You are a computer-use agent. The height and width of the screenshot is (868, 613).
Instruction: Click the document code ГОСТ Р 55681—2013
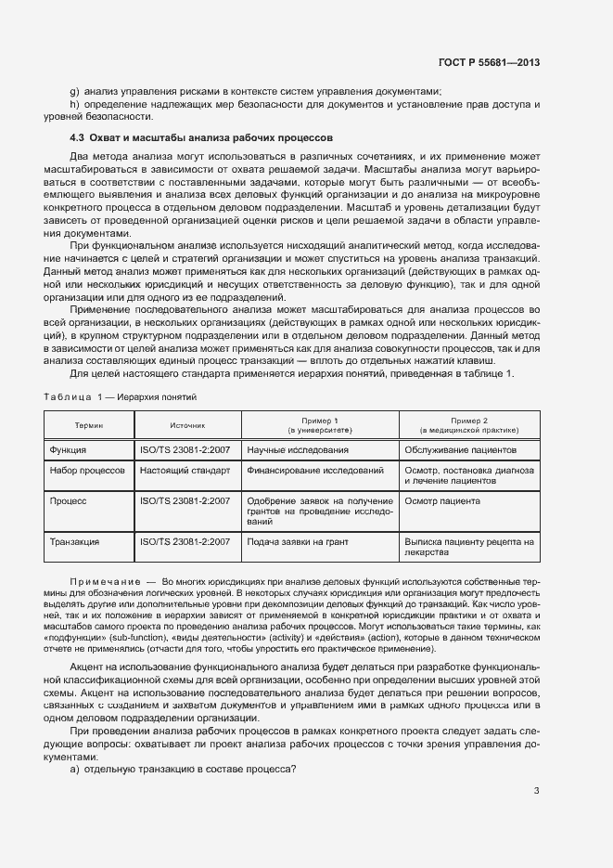tap(489, 62)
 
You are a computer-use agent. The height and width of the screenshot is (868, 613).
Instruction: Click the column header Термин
tap(89, 425)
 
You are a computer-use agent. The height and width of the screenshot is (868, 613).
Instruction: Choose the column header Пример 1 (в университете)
tap(319, 425)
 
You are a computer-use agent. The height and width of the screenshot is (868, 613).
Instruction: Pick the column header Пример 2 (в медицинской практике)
tap(468, 425)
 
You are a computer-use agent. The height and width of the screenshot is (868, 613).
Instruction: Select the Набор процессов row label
tap(87, 471)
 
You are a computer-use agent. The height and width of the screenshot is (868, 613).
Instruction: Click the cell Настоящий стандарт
tap(185, 471)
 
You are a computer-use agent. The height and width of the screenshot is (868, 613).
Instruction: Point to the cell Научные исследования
tap(298, 450)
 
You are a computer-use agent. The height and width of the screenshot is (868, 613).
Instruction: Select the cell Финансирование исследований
tap(315, 471)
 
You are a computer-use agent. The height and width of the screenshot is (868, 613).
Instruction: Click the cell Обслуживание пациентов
tap(460, 450)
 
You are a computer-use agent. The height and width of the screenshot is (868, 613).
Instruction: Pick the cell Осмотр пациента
tap(442, 500)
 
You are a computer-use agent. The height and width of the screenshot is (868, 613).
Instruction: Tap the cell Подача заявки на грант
tap(299, 541)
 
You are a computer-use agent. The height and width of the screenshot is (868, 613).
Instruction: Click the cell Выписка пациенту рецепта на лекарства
tap(468, 546)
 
